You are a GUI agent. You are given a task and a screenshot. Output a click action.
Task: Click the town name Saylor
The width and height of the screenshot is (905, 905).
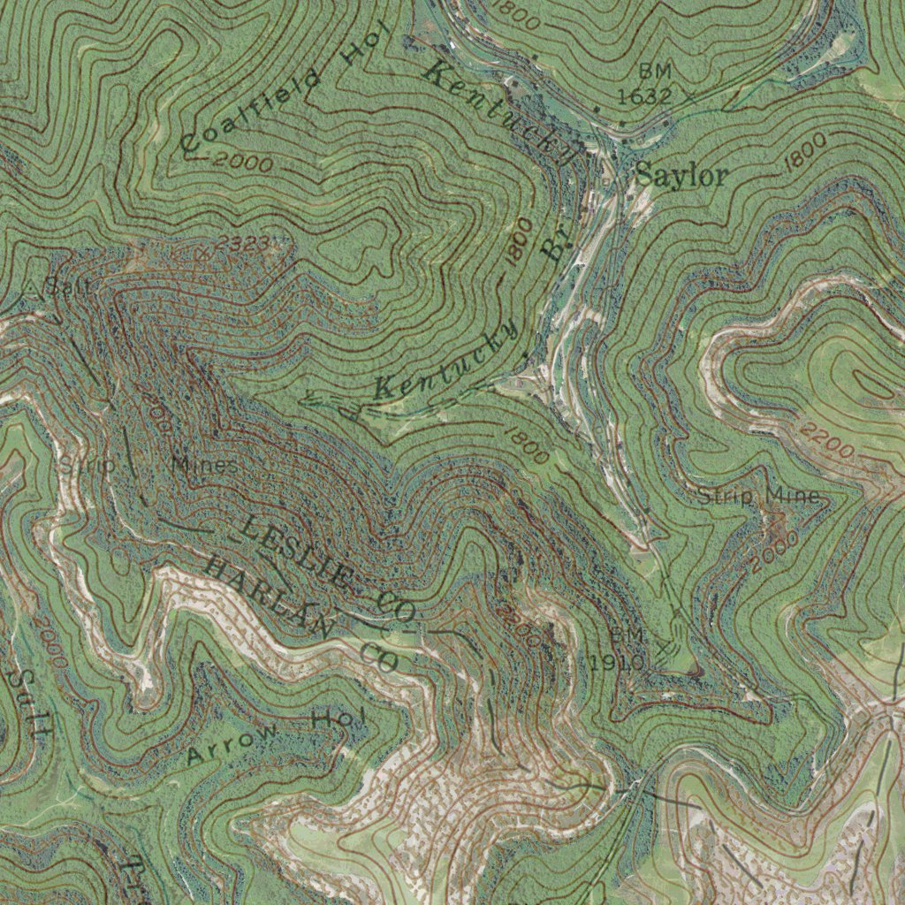tap(681, 176)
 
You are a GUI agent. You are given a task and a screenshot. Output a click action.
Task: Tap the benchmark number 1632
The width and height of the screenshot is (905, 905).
tap(645, 95)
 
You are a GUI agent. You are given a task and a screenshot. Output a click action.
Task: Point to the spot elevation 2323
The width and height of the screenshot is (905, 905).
tap(240, 245)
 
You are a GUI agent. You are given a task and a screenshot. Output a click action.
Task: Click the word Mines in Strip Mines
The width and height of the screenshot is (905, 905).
tap(204, 465)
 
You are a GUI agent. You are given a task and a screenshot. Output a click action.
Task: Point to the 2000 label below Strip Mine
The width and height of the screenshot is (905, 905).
tap(775, 550)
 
